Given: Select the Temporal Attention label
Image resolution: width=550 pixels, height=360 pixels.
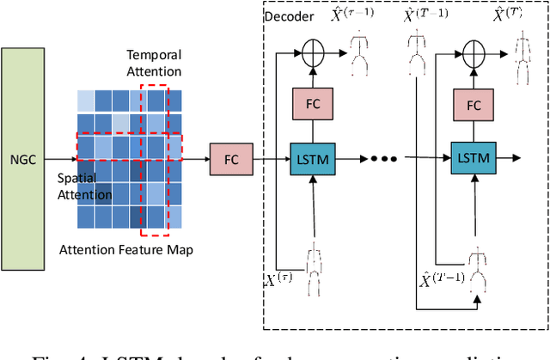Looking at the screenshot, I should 154,63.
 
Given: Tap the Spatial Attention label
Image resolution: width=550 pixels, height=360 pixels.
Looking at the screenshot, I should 84,186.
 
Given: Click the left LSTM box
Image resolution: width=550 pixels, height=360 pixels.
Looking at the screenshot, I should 315,158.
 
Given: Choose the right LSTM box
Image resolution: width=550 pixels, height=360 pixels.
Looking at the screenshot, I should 473,158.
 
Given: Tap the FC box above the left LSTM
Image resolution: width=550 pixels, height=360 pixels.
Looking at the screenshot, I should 315,105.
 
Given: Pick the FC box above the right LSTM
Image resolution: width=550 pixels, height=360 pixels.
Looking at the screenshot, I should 473,105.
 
